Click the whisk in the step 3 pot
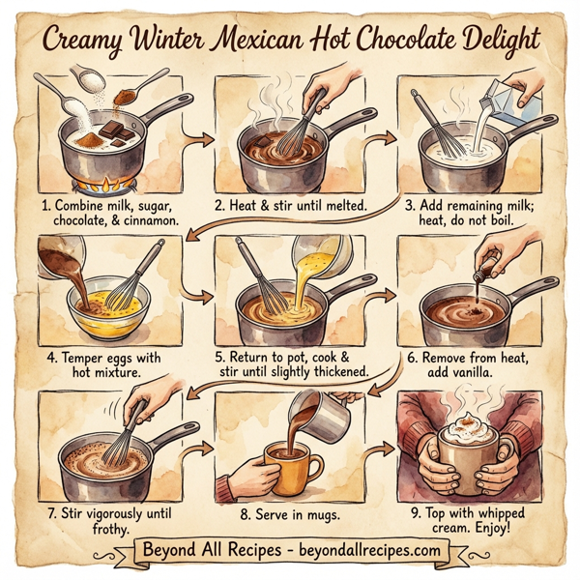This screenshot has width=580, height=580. coord(436,125)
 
